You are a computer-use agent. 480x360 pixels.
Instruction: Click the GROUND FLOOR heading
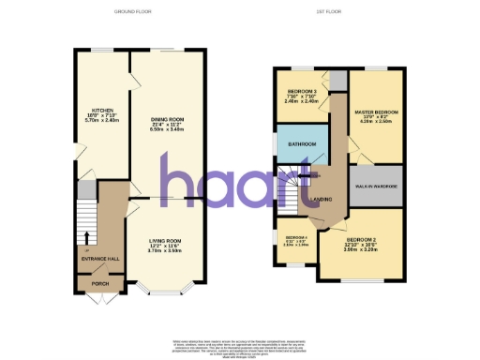[x=132, y=11]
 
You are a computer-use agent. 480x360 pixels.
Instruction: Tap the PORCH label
[x=97, y=282]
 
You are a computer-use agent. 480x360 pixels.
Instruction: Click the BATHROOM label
[x=302, y=143]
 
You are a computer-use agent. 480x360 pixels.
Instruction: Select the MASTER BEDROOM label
[x=376, y=112]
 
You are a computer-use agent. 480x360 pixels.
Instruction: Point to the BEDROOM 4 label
[x=295, y=238]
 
